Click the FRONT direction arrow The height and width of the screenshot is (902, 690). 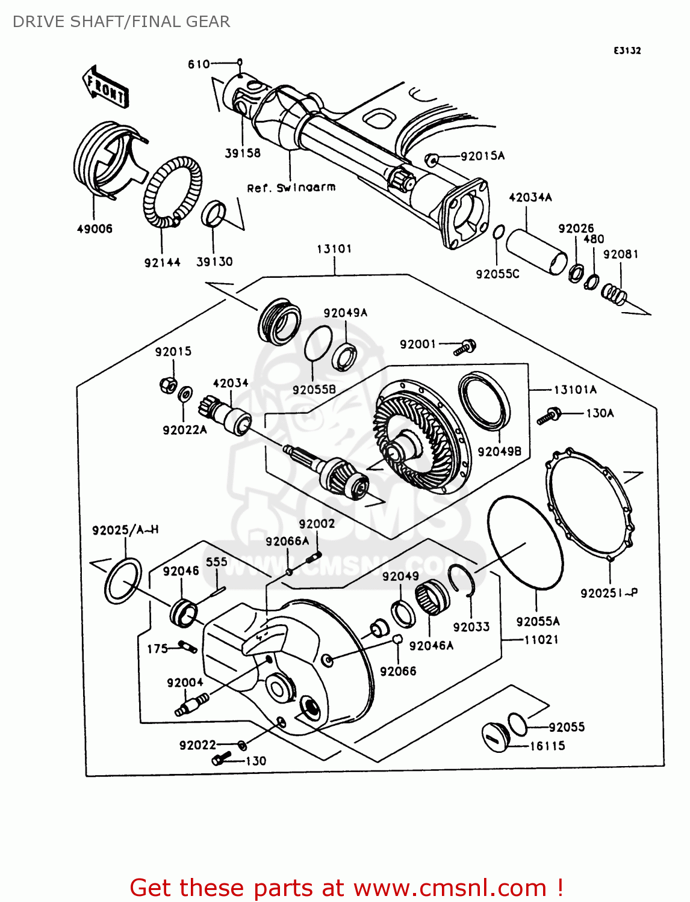pyautogui.click(x=105, y=86)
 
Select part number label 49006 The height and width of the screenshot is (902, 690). pyautogui.click(x=95, y=229)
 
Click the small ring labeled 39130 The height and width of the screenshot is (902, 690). pyautogui.click(x=214, y=215)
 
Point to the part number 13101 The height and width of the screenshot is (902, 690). pyautogui.click(x=334, y=249)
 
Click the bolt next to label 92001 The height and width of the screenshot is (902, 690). pyautogui.click(x=465, y=347)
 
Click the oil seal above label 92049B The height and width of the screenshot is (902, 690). pyautogui.click(x=485, y=401)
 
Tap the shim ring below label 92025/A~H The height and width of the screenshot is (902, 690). pyautogui.click(x=123, y=580)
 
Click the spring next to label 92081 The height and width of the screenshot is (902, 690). pyautogui.click(x=615, y=294)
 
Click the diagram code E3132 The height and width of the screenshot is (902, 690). pyautogui.click(x=627, y=51)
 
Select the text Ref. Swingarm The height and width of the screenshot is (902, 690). pyautogui.click(x=291, y=188)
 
